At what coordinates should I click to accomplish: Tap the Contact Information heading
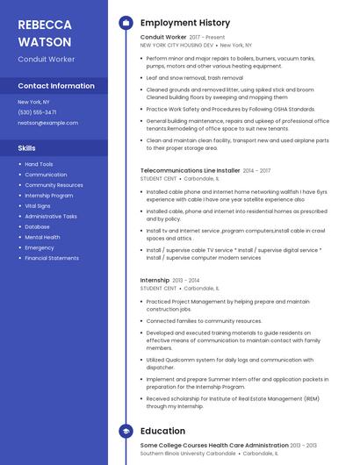(56, 86)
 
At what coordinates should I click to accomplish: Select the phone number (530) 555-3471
(37, 112)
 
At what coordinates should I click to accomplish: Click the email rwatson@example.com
(47, 123)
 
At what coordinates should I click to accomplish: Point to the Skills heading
(27, 148)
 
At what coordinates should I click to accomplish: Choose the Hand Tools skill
(39, 164)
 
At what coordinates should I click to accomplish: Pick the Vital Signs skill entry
(38, 205)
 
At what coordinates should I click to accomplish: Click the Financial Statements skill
(52, 258)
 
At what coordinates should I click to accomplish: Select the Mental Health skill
(42, 237)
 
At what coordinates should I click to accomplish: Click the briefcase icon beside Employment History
(126, 23)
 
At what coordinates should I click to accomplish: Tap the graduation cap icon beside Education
(126, 432)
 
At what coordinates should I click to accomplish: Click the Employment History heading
(185, 23)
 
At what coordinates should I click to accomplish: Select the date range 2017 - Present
(207, 38)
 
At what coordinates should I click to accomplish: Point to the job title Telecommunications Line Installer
(190, 170)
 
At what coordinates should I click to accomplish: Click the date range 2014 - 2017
(256, 170)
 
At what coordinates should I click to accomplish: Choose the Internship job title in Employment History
(155, 280)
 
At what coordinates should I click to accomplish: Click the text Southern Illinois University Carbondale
(188, 454)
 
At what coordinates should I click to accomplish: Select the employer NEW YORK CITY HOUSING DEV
(176, 45)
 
